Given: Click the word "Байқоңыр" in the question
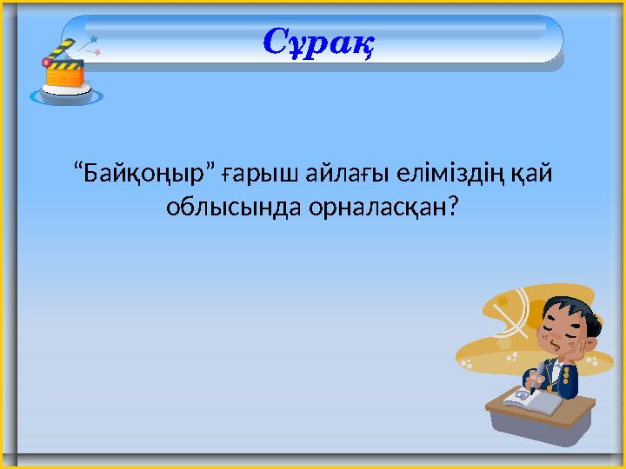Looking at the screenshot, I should (147, 175).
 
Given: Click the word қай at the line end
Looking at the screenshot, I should (533, 175).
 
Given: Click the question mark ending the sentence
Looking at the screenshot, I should (453, 208).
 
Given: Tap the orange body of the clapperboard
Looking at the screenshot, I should (65, 76).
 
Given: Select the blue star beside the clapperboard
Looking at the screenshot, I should (93, 39).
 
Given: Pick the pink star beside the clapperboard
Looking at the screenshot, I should (97, 53).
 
